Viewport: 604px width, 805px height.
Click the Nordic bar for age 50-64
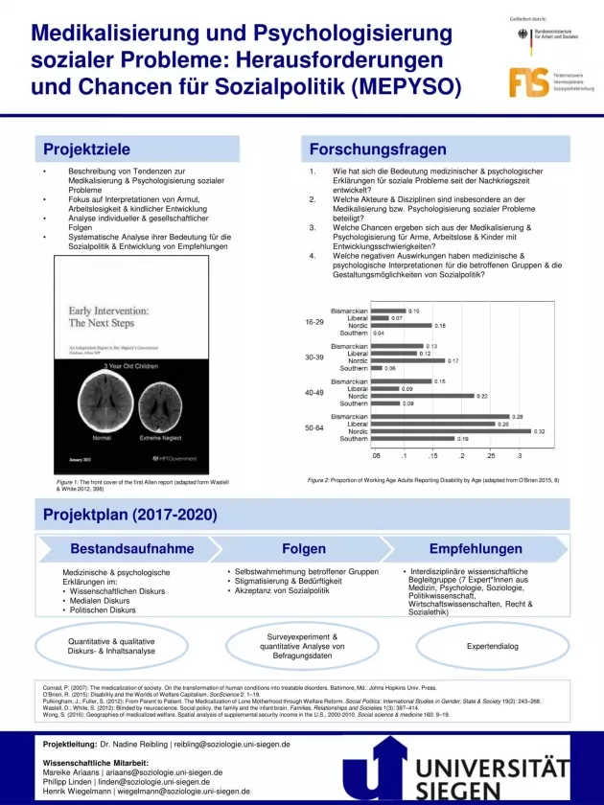tap(451, 431)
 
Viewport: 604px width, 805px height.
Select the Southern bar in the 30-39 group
tap(376, 368)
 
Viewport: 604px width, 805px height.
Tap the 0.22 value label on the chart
tap(482, 396)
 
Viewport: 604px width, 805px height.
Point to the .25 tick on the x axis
tap(490, 456)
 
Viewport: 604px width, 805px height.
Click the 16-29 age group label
tap(314, 322)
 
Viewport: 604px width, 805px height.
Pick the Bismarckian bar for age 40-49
tap(401, 381)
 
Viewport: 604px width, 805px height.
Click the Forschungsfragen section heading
tap(379, 149)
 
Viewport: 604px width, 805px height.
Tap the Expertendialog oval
tap(492, 647)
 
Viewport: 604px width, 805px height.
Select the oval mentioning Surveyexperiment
tap(301, 646)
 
